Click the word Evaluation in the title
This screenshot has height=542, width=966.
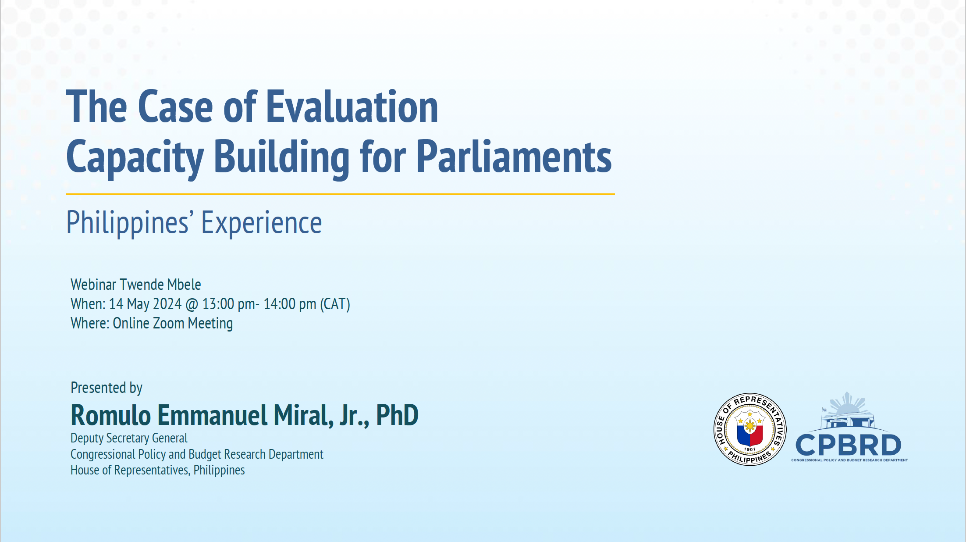[352, 107]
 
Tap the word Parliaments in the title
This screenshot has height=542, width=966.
[514, 157]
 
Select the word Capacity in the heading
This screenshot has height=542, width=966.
[135, 157]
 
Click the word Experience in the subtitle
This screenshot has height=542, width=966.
[261, 223]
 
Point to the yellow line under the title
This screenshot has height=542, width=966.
[340, 194]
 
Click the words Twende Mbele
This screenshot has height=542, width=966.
[160, 285]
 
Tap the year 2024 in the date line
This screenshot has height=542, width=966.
[167, 304]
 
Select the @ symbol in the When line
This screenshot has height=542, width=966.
[192, 304]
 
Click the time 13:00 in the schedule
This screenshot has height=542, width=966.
[218, 304]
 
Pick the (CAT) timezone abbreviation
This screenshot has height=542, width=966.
[335, 304]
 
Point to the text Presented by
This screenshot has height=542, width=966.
[107, 388]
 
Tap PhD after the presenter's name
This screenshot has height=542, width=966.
[397, 415]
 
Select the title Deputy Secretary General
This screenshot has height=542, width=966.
[129, 438]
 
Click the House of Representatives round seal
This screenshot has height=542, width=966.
[750, 429]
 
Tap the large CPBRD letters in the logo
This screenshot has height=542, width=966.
[848, 445]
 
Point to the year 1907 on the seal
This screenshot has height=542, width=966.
[750, 449]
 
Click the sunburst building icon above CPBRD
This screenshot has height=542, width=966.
[848, 411]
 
